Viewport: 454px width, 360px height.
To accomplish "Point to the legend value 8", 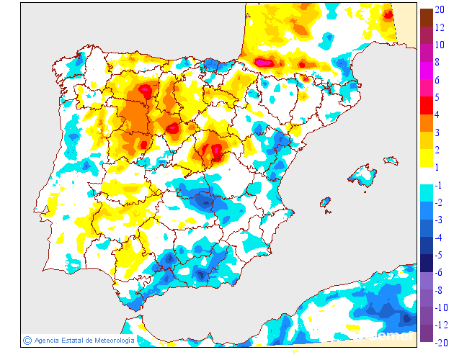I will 439,63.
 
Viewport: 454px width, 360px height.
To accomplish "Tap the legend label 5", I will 439,97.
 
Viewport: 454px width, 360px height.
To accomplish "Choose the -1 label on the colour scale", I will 440,185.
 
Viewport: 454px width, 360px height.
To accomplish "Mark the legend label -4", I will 440,238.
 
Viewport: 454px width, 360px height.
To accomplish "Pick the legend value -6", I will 440,272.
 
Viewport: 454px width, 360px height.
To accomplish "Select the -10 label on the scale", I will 442,307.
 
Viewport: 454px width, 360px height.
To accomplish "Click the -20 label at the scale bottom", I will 442,343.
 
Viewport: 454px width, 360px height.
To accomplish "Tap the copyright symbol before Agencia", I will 27,340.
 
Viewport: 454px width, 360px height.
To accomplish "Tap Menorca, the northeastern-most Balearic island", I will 391,158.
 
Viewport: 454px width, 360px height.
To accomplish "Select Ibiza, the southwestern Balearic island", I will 325,202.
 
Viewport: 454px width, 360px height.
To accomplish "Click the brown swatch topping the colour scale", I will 426,17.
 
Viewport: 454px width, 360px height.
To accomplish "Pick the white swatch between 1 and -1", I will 426,176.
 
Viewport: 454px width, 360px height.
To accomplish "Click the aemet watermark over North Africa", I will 393,334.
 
